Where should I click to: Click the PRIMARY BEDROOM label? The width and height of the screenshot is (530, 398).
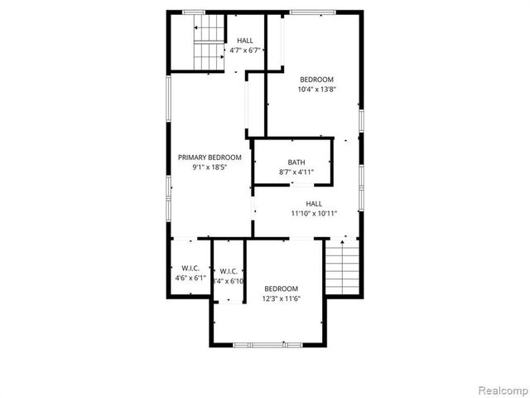[x=210, y=158]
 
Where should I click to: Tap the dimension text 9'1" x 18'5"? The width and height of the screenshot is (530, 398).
[x=210, y=167]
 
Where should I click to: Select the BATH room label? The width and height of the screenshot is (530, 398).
[x=296, y=163]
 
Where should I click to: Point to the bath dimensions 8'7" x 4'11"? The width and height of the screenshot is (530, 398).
[x=296, y=172]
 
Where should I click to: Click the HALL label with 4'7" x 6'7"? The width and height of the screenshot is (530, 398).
[x=245, y=41]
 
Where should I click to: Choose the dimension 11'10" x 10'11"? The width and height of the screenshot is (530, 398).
[x=313, y=213]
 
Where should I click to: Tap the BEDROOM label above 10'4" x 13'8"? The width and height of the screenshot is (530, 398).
[x=316, y=80]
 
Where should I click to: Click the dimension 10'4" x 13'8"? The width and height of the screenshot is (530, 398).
[x=316, y=90]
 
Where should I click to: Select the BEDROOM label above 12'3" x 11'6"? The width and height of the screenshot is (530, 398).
[x=281, y=289]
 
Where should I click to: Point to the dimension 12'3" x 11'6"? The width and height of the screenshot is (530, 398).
[x=281, y=298]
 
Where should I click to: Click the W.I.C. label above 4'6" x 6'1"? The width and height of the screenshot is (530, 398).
[x=190, y=268]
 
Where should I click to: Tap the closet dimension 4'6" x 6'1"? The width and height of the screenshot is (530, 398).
[x=190, y=278]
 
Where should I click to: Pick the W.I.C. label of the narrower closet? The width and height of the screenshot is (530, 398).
[x=229, y=271]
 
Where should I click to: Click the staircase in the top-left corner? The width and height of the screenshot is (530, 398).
[x=209, y=44]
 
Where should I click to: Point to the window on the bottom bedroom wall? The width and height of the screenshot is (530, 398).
[x=260, y=344]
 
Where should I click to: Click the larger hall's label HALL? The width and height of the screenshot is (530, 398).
[x=314, y=203]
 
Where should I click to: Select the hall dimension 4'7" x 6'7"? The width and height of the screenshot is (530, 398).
[x=245, y=51]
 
